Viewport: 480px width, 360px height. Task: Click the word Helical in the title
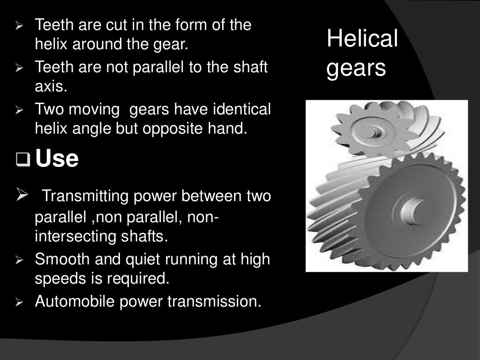[362, 38]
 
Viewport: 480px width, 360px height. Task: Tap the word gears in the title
[356, 68]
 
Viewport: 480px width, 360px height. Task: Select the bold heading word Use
[57, 159]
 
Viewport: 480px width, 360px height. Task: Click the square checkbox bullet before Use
[22, 160]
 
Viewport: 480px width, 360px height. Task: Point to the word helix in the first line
[48, 45]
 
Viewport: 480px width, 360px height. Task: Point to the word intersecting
[75, 236]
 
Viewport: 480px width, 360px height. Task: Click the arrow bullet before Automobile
[19, 302]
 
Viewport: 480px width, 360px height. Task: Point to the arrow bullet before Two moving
[19, 111]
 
